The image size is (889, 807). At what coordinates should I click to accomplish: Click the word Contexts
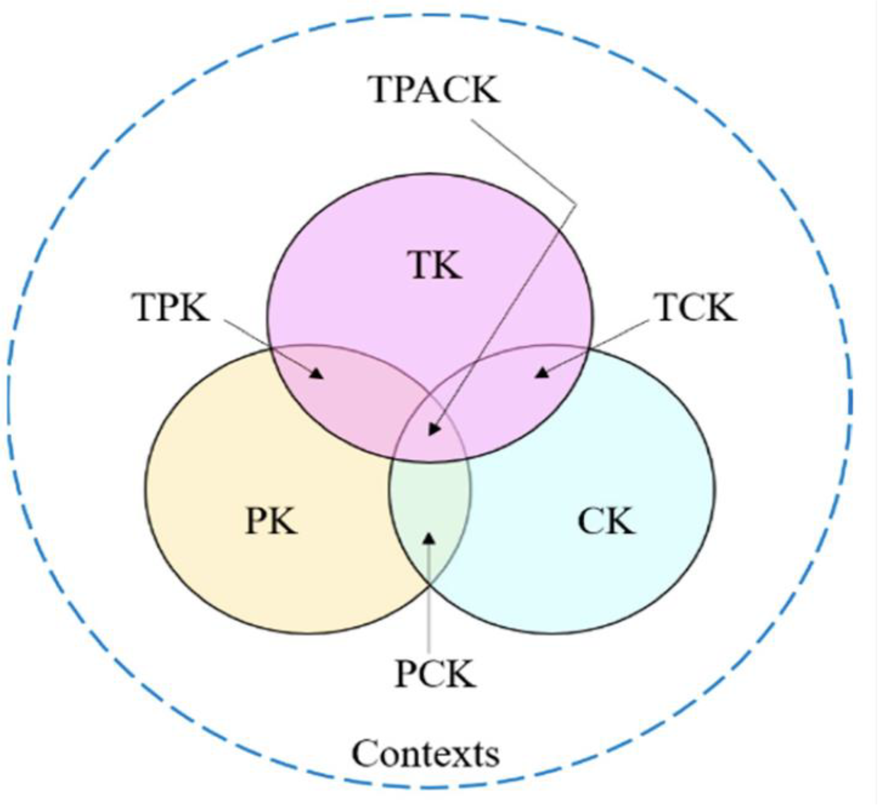(x=425, y=754)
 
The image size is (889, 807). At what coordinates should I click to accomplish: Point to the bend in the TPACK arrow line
(x=575, y=204)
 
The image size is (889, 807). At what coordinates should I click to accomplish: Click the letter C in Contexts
(x=366, y=754)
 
